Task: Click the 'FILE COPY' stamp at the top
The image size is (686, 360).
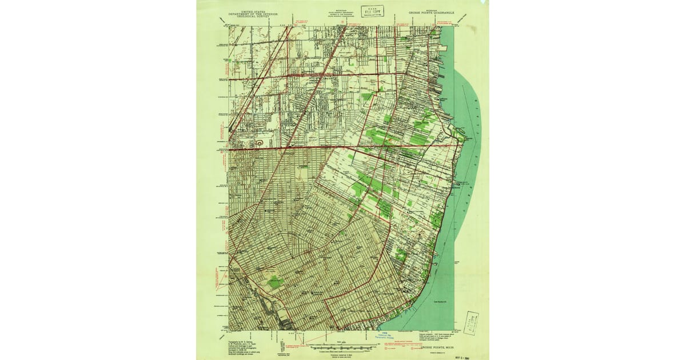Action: [375, 11]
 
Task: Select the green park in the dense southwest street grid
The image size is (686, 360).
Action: [276, 281]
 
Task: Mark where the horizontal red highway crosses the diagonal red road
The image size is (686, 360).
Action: [291, 147]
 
